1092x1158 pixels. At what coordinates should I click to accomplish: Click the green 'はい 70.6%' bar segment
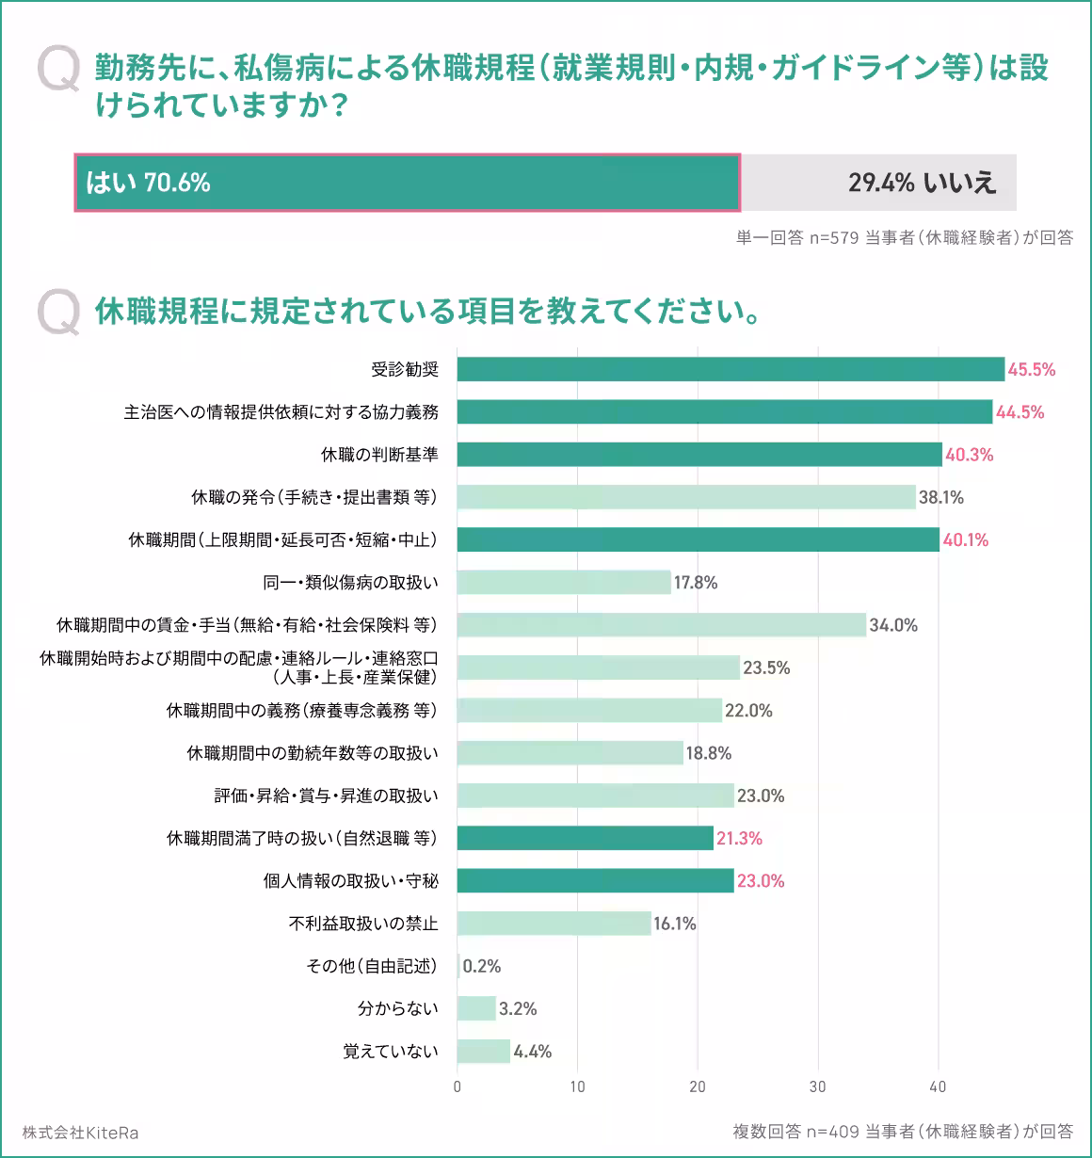pos(407,183)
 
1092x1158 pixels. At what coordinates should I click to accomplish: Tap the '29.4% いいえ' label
pos(922,183)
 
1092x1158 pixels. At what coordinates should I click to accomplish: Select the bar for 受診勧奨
pos(731,369)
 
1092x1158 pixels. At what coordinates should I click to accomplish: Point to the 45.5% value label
pos(1032,370)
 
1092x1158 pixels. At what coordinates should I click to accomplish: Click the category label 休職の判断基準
pos(379,455)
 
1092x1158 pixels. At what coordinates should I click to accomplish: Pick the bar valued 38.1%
pos(686,497)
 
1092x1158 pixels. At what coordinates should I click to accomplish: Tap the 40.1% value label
pos(966,540)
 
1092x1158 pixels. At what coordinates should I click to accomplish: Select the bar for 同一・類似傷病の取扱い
pos(564,583)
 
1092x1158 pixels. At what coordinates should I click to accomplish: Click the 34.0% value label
pos(893,625)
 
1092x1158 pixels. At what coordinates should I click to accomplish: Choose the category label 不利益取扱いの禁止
pos(363,924)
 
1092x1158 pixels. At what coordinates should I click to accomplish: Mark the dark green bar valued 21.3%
pos(585,838)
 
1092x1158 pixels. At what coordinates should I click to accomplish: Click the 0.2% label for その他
pos(482,967)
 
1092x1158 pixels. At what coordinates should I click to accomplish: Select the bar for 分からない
pos(476,1009)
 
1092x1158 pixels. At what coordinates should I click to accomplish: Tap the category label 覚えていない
pos(391,1052)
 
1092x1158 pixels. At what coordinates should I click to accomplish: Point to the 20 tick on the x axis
pos(698,1087)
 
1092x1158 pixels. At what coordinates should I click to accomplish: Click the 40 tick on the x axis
pos(938,1087)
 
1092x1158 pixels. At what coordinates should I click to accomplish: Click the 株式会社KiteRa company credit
pos(80,1133)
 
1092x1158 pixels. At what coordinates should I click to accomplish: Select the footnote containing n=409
pos(902,1132)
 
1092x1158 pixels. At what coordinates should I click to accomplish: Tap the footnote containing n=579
pos(904,238)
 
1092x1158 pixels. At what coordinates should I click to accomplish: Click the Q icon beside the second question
pos(59,312)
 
